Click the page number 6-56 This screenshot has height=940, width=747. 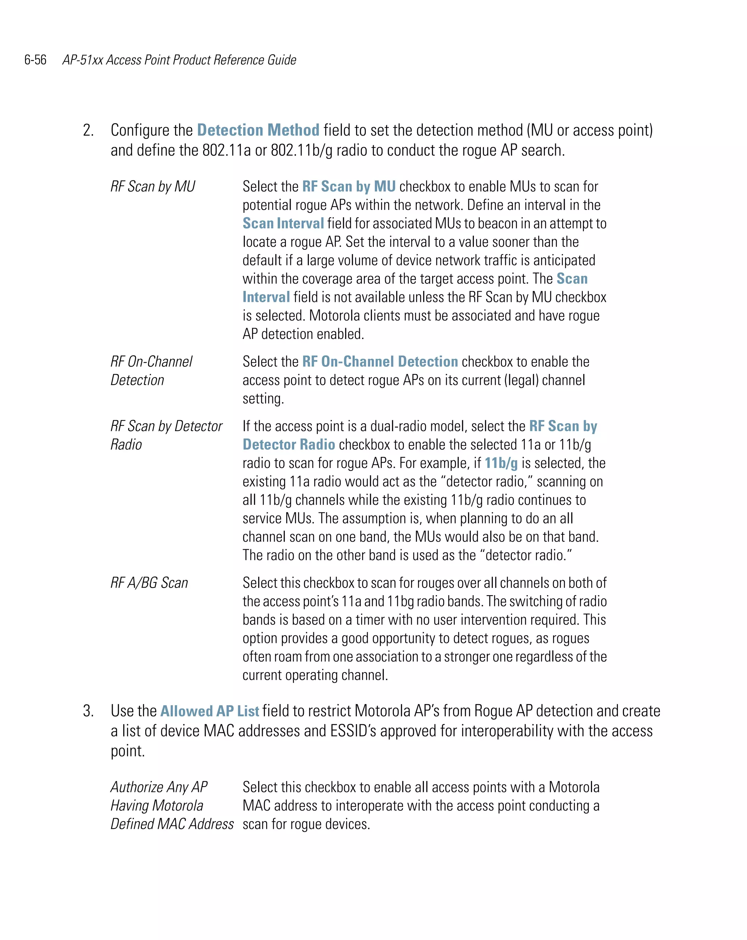pos(35,60)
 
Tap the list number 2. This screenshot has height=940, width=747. pos(88,130)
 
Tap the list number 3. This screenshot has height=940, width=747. pos(88,711)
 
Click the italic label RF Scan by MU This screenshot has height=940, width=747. pos(153,187)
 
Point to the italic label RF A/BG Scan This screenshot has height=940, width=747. pos(149,583)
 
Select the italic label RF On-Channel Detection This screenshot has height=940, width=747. pos(151,371)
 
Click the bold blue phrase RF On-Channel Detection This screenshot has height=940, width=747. pos(380,362)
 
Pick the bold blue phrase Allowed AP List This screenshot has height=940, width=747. pos(209,711)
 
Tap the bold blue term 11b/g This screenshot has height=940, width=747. pos(501,463)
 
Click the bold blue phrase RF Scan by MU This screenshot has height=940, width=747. pos(349,187)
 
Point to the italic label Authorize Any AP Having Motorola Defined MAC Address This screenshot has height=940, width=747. pos(171,806)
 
